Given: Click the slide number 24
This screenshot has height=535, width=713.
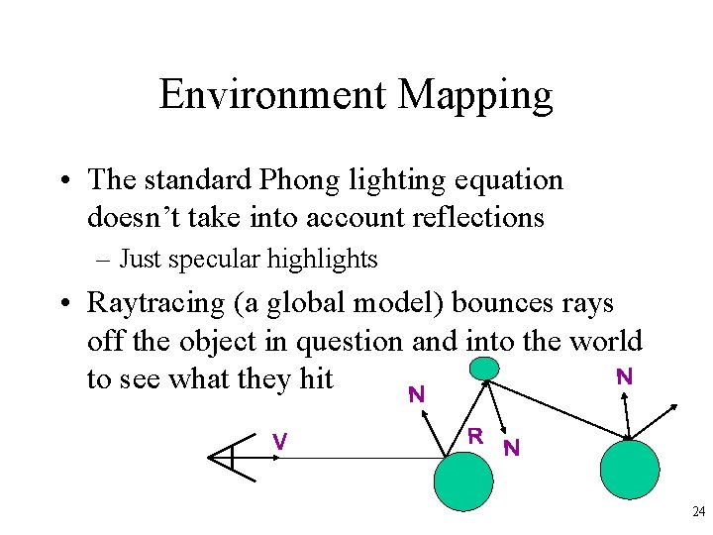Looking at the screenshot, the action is pos(697,511).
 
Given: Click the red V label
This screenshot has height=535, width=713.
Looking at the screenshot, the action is pos(281,442).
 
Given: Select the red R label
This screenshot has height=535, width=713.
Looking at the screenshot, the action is pos(475,435).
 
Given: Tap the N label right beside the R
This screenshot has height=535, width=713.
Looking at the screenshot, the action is pos(511,447).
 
